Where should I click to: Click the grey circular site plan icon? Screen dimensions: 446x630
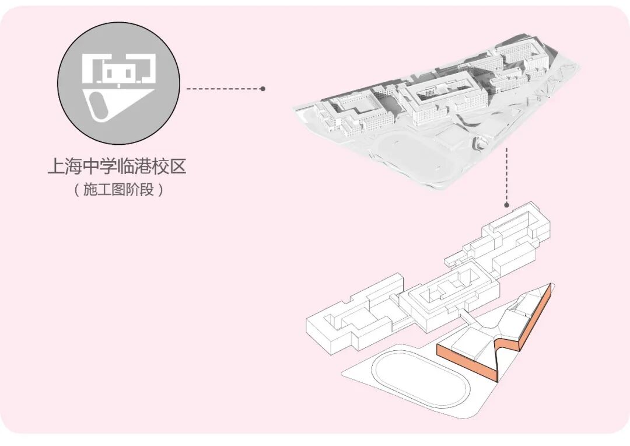coord(118,83)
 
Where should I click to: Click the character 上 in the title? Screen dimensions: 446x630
coord(56,167)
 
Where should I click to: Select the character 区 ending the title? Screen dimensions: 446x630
coord(178,167)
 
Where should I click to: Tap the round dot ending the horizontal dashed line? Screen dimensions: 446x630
coord(263,89)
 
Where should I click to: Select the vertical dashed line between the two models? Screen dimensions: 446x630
coord(507,175)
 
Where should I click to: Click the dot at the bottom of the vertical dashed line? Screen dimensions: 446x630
coord(507,205)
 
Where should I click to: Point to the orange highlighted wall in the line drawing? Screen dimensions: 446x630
coord(467,362)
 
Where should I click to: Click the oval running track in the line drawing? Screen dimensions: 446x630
coord(411,374)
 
